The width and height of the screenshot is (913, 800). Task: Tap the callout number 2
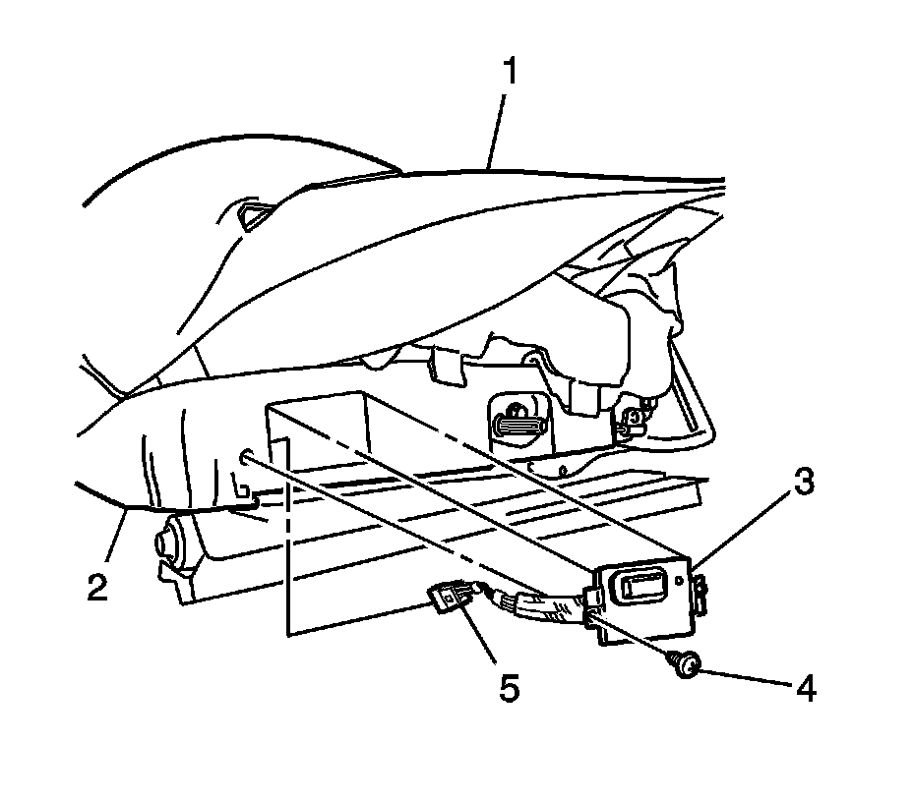96,586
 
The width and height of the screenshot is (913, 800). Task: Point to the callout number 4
805,690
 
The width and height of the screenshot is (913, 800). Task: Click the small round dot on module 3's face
679,581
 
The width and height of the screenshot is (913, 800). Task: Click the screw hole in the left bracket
244,453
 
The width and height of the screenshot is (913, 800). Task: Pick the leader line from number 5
482,644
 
